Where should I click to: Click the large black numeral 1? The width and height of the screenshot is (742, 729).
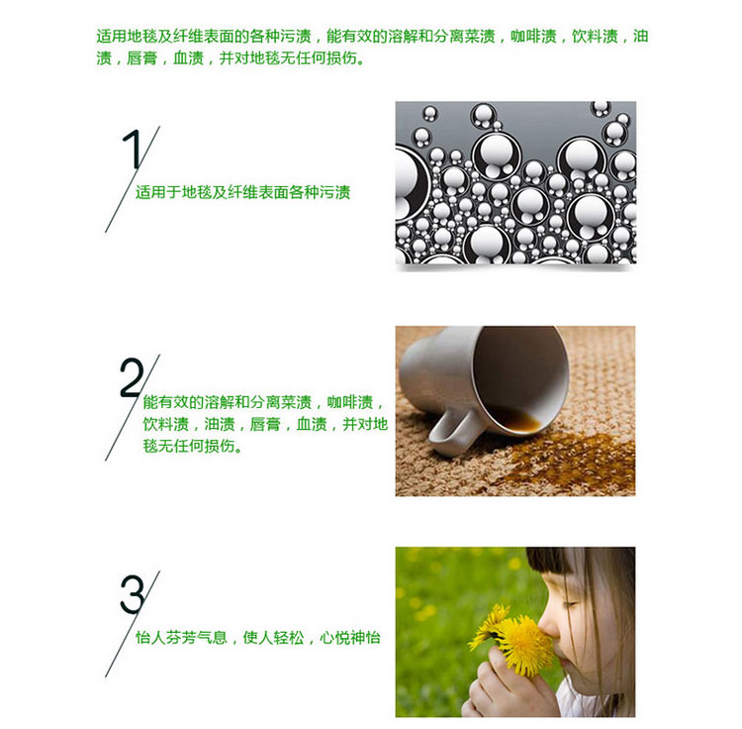(x=133, y=149)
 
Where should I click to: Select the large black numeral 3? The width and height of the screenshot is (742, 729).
(x=132, y=594)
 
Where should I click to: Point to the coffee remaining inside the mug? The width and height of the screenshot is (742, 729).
(x=515, y=418)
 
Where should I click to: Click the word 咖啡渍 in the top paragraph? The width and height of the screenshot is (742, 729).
(x=533, y=37)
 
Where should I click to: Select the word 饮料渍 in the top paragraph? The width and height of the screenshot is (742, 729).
(x=595, y=37)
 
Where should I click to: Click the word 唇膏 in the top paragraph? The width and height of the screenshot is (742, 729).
(x=141, y=58)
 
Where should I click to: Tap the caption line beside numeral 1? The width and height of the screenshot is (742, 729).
(x=242, y=192)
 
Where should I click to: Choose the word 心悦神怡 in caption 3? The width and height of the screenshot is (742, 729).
(x=350, y=638)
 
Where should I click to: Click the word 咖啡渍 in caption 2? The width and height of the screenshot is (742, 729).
(x=350, y=402)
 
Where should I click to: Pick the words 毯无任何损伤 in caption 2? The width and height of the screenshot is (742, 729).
(x=189, y=446)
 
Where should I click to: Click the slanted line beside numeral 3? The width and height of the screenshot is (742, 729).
(x=133, y=624)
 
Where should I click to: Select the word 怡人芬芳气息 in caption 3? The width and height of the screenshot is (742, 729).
(x=181, y=638)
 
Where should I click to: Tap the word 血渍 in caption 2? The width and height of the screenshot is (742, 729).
(x=312, y=424)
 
